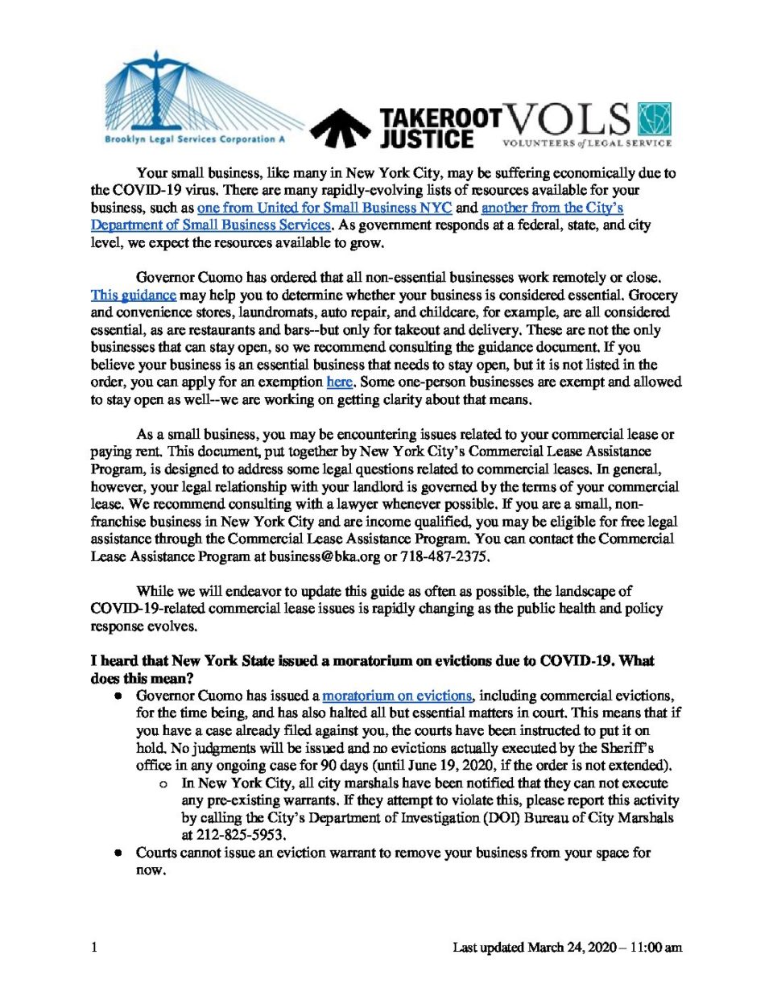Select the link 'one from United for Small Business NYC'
(x=324, y=208)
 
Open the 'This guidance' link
(x=133, y=295)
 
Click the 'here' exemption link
(x=339, y=382)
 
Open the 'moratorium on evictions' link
(x=397, y=696)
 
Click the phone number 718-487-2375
(x=444, y=556)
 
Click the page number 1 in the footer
(x=94, y=948)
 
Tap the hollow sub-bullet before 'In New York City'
(x=164, y=783)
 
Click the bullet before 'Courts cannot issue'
(x=118, y=853)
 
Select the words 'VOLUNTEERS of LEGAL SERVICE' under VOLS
(x=586, y=143)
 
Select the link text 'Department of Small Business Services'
(x=211, y=225)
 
